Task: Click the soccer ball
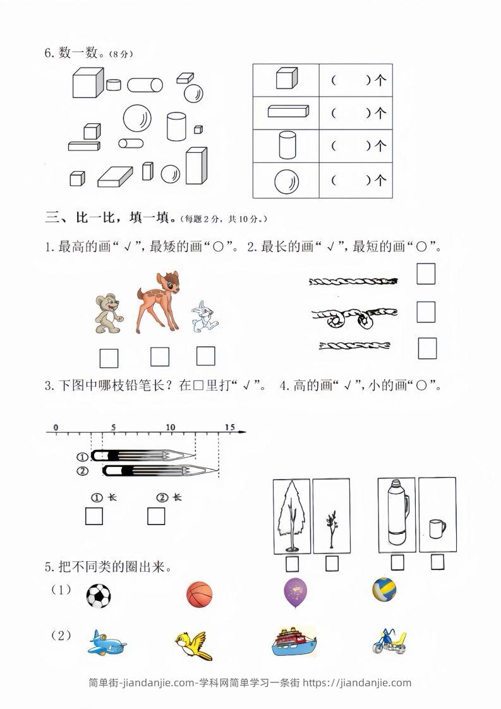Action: tap(98, 595)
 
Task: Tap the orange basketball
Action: tap(200, 595)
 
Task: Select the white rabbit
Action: tap(204, 317)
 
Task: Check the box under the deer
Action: tap(160, 357)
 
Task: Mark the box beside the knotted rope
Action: tap(426, 312)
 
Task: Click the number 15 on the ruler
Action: tap(229, 427)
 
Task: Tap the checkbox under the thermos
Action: tap(397, 562)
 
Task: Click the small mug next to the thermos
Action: tap(436, 528)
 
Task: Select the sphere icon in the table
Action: tap(286, 182)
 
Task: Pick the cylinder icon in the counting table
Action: tap(286, 146)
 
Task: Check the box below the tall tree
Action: tap(292, 563)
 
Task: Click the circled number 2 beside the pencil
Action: tap(81, 470)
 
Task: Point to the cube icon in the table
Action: tap(286, 80)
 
